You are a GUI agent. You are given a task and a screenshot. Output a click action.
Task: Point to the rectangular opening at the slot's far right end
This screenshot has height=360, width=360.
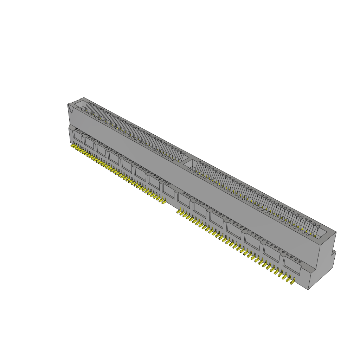click(322, 232)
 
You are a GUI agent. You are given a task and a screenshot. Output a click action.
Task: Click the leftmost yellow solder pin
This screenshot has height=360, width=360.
click(73, 146)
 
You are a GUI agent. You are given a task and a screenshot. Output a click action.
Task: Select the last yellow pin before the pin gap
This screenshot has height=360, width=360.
click(164, 202)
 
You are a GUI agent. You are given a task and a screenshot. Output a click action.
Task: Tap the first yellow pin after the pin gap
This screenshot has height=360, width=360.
click(179, 212)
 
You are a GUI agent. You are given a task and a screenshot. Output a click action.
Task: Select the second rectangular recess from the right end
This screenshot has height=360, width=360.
click(272, 254)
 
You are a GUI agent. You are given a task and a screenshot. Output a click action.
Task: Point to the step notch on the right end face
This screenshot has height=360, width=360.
click(334, 252)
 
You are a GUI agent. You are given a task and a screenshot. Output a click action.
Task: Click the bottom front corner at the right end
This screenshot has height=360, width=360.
click(308, 289)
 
